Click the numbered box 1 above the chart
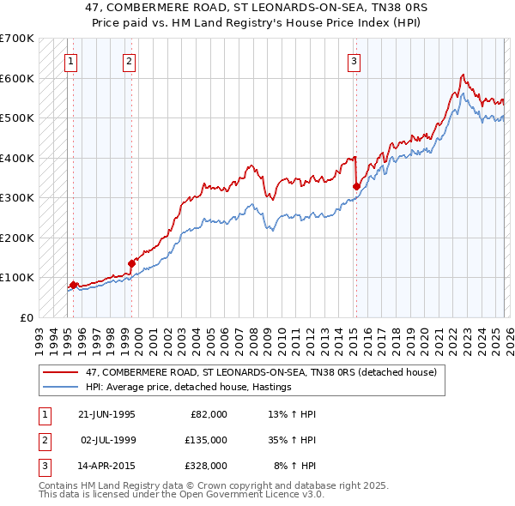(x=70, y=61)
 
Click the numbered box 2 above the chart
(x=128, y=61)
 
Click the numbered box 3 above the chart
(x=354, y=61)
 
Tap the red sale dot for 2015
(x=356, y=185)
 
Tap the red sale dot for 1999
(x=131, y=263)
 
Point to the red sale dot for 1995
(x=74, y=284)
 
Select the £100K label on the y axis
(x=16, y=277)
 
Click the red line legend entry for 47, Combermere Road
(x=263, y=372)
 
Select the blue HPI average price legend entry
(x=189, y=388)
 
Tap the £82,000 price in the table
(x=207, y=414)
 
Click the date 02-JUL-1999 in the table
(x=107, y=440)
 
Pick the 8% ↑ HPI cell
(x=294, y=466)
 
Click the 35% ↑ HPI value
(x=292, y=440)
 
